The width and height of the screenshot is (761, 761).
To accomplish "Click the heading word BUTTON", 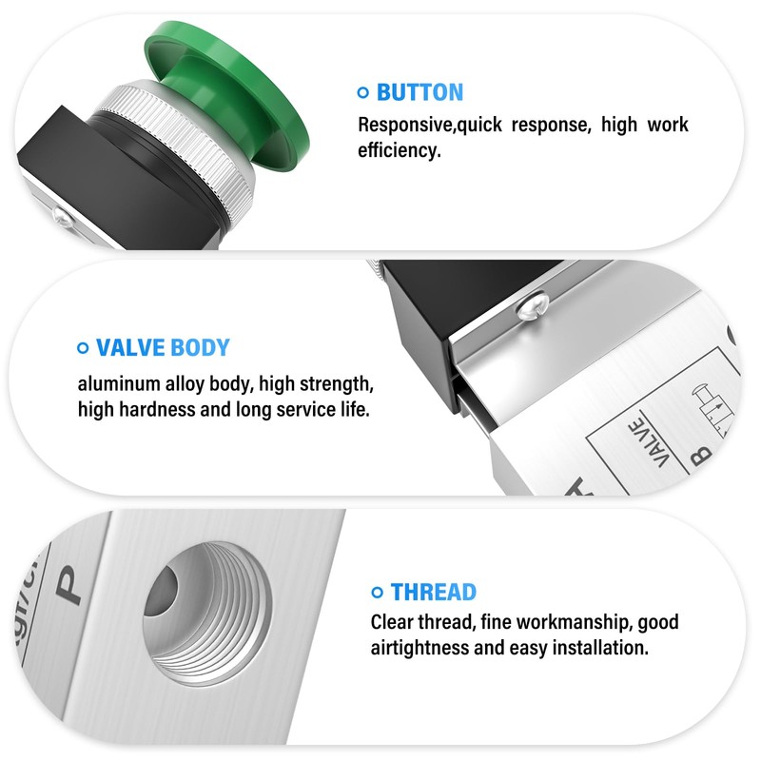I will (420, 92).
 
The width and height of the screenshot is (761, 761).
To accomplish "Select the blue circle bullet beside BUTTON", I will (362, 92).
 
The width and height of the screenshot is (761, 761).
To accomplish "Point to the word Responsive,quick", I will (425, 125).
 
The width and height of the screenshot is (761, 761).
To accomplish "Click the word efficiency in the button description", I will (399, 150).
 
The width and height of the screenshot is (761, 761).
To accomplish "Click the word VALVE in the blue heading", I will (130, 347).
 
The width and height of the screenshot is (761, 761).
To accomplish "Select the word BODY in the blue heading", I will (200, 347).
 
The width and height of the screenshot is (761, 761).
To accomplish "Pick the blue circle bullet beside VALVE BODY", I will (82, 347).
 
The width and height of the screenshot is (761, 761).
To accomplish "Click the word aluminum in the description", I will (115, 385).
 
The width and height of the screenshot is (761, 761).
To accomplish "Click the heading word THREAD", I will (433, 592).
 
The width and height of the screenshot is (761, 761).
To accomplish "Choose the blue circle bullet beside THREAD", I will (377, 592).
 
